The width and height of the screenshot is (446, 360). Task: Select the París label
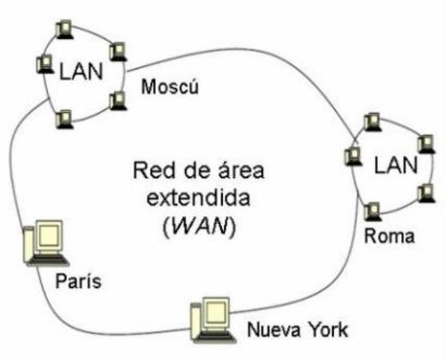click(x=78, y=282)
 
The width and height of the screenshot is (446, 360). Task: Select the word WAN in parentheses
click(x=200, y=227)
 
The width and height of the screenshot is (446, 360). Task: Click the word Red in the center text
click(x=151, y=172)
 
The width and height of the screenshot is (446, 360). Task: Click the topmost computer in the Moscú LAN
click(x=65, y=29)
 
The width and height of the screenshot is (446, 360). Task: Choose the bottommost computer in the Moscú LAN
click(x=65, y=118)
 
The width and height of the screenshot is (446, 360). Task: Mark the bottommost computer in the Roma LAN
click(x=373, y=210)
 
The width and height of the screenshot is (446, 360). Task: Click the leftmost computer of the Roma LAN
click(x=351, y=156)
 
